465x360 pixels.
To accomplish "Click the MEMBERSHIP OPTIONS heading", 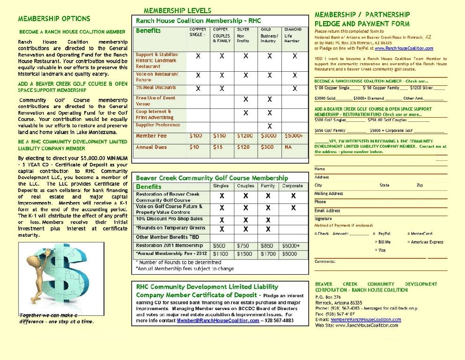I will coord(54,19).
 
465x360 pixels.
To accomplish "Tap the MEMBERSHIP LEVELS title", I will coord(177,10).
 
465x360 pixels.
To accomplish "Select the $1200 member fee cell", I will coord(245,136).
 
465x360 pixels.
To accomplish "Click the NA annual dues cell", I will coord(288,147).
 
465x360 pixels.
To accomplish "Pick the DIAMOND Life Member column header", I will coord(293,35).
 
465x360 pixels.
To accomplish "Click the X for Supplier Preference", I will coord(270,126).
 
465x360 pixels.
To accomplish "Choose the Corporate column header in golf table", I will coord(292,186).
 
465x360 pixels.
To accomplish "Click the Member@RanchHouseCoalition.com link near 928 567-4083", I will coord(218,321).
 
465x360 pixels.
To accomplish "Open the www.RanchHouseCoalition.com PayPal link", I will coord(404,48).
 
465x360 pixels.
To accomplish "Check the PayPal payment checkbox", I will coord(374,233).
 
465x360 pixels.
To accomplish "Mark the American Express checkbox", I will coord(409,242).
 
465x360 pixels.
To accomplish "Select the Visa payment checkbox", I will coord(376,250).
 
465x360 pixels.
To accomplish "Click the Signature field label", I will coord(323,218).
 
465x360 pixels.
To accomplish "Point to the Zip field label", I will coord(419,185).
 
